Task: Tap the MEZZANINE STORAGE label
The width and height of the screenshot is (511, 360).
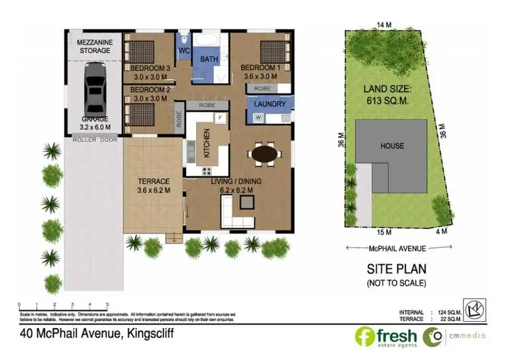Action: [x=95, y=45]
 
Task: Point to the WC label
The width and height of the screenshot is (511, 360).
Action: [x=184, y=51]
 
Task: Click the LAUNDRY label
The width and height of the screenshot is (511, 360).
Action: [x=269, y=104]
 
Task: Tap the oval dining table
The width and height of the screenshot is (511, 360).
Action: [x=265, y=155]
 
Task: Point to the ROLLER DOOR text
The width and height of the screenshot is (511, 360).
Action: [x=95, y=140]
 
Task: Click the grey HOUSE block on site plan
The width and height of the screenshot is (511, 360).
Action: [x=392, y=146]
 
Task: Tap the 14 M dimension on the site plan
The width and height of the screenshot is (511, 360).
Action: [x=384, y=25]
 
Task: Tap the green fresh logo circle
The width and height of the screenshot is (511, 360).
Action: [x=364, y=335]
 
